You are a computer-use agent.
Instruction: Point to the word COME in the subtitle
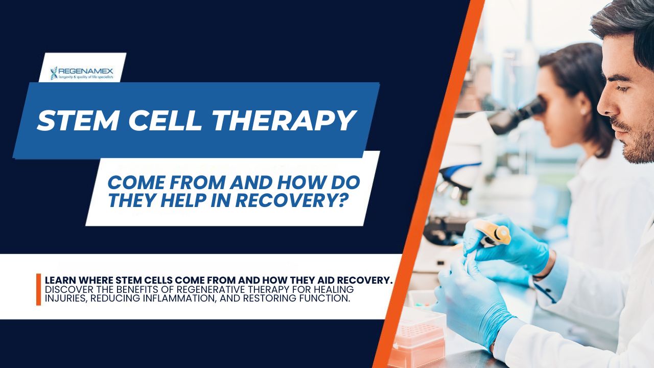tap(134, 182)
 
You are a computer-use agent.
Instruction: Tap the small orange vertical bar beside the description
tap(38, 289)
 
